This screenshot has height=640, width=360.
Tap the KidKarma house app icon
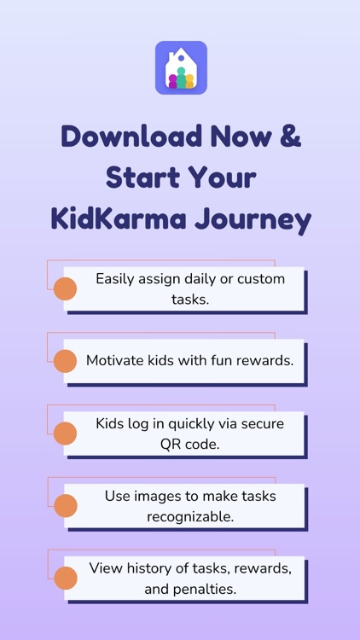181,67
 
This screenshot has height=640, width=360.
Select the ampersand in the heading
290,137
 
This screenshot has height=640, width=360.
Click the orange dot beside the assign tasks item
65,289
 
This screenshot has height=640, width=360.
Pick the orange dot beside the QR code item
65,433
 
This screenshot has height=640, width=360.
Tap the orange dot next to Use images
65,506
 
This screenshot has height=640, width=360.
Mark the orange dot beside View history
65,579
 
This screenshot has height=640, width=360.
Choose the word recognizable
189,516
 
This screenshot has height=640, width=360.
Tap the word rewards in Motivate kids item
264,360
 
